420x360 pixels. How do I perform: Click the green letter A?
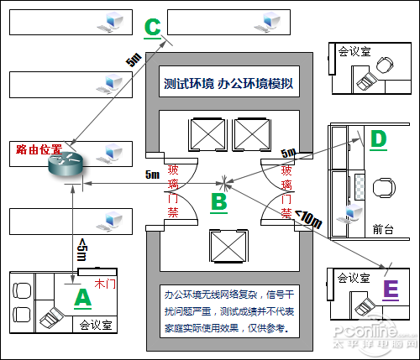[83, 297]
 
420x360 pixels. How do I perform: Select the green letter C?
[153, 28]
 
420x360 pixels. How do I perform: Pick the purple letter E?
[391, 290]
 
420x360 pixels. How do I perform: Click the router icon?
[66, 164]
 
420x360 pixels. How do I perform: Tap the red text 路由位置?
[39, 149]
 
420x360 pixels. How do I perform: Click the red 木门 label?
[105, 284]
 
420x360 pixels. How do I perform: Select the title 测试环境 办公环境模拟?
[228, 83]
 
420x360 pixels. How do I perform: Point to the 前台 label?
[383, 229]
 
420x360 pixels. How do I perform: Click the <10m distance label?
[308, 219]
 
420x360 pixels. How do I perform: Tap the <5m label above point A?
[82, 249]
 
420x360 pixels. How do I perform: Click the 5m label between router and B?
[152, 175]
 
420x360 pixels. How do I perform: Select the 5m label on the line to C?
[134, 60]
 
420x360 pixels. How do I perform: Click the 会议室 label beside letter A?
[96, 325]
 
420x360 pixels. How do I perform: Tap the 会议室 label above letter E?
[354, 278]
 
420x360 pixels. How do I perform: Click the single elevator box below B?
[228, 247]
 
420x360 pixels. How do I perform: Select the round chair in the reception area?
[384, 188]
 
